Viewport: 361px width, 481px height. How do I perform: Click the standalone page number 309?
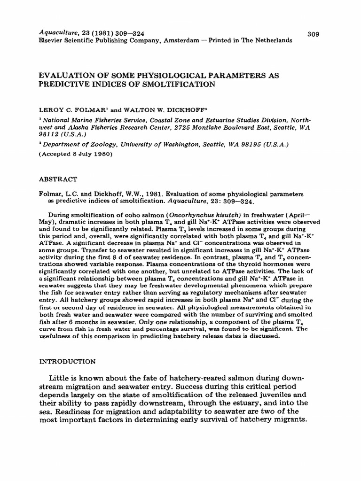coord(313,34)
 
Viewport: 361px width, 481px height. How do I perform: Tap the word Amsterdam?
coord(182,41)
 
